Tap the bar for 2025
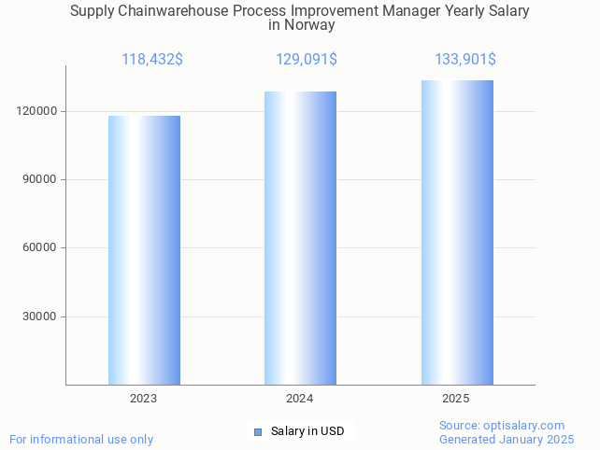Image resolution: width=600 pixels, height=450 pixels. (456, 232)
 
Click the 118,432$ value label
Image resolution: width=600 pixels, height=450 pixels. (152, 60)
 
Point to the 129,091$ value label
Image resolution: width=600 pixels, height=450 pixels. (307, 60)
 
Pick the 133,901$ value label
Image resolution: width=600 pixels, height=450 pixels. (464, 60)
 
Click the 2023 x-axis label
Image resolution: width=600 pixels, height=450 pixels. (144, 399)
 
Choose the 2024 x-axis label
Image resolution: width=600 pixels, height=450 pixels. (300, 399)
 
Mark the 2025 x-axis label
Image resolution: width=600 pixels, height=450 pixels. (456, 399)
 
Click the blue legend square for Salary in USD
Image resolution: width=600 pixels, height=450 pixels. (259, 431)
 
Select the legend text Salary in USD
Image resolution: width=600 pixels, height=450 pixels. (307, 431)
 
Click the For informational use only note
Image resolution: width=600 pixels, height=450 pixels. (81, 439)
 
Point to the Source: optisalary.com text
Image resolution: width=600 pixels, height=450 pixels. (502, 425)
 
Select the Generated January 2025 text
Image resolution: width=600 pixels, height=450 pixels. (507, 439)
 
